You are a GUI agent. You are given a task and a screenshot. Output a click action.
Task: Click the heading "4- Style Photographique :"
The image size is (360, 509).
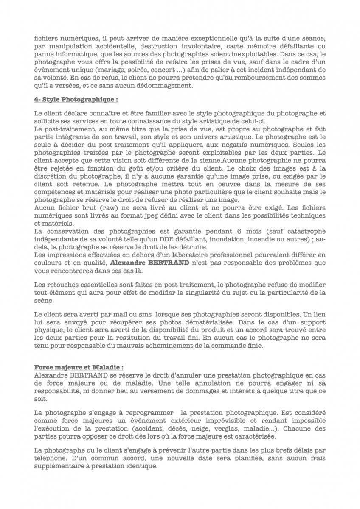[x=76, y=100]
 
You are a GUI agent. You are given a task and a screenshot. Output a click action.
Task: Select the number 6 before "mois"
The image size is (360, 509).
[x=234, y=232]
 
